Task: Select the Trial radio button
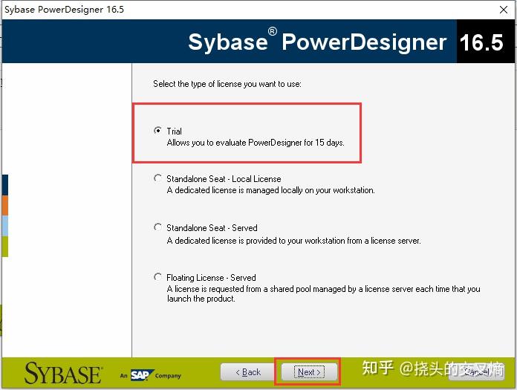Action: click(157, 131)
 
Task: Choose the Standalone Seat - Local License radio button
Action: click(157, 178)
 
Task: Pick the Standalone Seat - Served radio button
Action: click(157, 227)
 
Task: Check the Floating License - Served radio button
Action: click(157, 277)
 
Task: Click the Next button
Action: click(308, 371)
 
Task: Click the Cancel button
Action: click(476, 371)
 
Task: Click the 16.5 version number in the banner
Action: click(481, 42)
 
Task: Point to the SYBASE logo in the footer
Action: click(63, 372)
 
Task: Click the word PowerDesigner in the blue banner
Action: click(364, 42)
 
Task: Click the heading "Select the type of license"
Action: click(227, 84)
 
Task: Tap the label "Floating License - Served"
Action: click(211, 278)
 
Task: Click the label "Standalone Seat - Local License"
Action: click(224, 179)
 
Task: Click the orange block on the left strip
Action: click(5, 205)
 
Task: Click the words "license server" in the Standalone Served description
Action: click(395, 241)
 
